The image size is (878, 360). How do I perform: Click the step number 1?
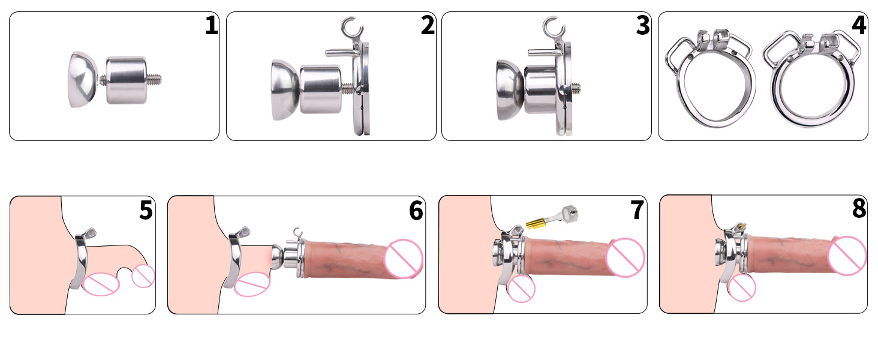click(212, 25)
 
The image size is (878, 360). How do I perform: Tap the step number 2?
click(428, 25)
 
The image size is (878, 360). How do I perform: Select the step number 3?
click(643, 25)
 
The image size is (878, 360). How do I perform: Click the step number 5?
click(146, 210)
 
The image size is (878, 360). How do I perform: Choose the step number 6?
click(416, 211)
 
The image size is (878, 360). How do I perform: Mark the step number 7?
click(637, 210)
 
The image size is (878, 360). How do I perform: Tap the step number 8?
click(859, 209)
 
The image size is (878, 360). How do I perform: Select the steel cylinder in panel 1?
click(126, 80)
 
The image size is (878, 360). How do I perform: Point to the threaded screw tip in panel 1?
click(154, 80)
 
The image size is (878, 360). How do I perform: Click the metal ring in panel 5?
click(82, 259)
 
